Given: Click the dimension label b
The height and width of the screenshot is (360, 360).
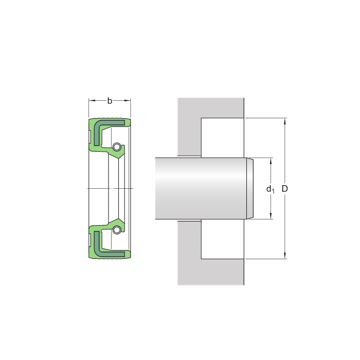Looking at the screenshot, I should coord(110,101).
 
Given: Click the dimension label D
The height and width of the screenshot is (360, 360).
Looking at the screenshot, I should coord(285,189).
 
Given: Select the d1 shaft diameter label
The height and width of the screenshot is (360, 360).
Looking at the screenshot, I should coord(270,189).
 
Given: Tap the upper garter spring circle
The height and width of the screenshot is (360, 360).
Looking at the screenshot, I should coord(117,148).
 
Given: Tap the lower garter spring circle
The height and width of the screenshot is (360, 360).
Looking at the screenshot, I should coord(117,229).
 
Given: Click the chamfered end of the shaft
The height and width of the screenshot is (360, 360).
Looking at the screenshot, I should coord(250,189).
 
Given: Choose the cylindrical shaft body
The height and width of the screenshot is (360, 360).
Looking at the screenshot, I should coord(201,189).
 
